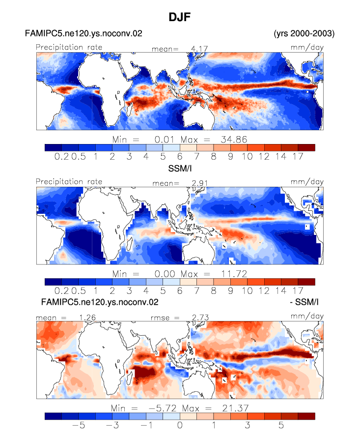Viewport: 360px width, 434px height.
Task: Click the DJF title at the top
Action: coord(180,17)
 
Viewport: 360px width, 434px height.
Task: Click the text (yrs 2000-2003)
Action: coord(304,33)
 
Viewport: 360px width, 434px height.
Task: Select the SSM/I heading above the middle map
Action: coord(180,168)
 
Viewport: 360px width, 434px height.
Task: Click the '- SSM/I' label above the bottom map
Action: coord(305,302)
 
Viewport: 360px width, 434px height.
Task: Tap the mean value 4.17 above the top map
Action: coord(199,49)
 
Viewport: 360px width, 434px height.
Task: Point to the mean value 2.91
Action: coord(199,183)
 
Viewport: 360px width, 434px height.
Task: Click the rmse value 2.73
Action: coord(200,318)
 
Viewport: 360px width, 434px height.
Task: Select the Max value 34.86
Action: coord(234,140)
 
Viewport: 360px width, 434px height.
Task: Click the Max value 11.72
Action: coord(234,274)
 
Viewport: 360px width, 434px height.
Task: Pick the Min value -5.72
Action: coord(162,408)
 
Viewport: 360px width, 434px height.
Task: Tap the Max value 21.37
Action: coord(235,408)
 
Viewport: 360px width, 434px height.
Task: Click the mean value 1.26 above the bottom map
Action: coord(87,318)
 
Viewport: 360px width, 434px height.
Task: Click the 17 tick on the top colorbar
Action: coord(298,157)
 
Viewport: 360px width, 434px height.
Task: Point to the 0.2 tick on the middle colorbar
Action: coord(61,291)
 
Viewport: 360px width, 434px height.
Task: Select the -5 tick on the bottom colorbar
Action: coord(79,425)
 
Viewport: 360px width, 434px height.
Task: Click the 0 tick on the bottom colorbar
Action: coord(180,425)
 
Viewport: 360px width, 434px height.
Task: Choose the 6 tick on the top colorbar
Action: coord(180,157)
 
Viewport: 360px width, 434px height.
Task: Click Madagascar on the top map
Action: coord(129,109)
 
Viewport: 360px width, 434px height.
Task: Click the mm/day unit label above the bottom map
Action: coord(307,317)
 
